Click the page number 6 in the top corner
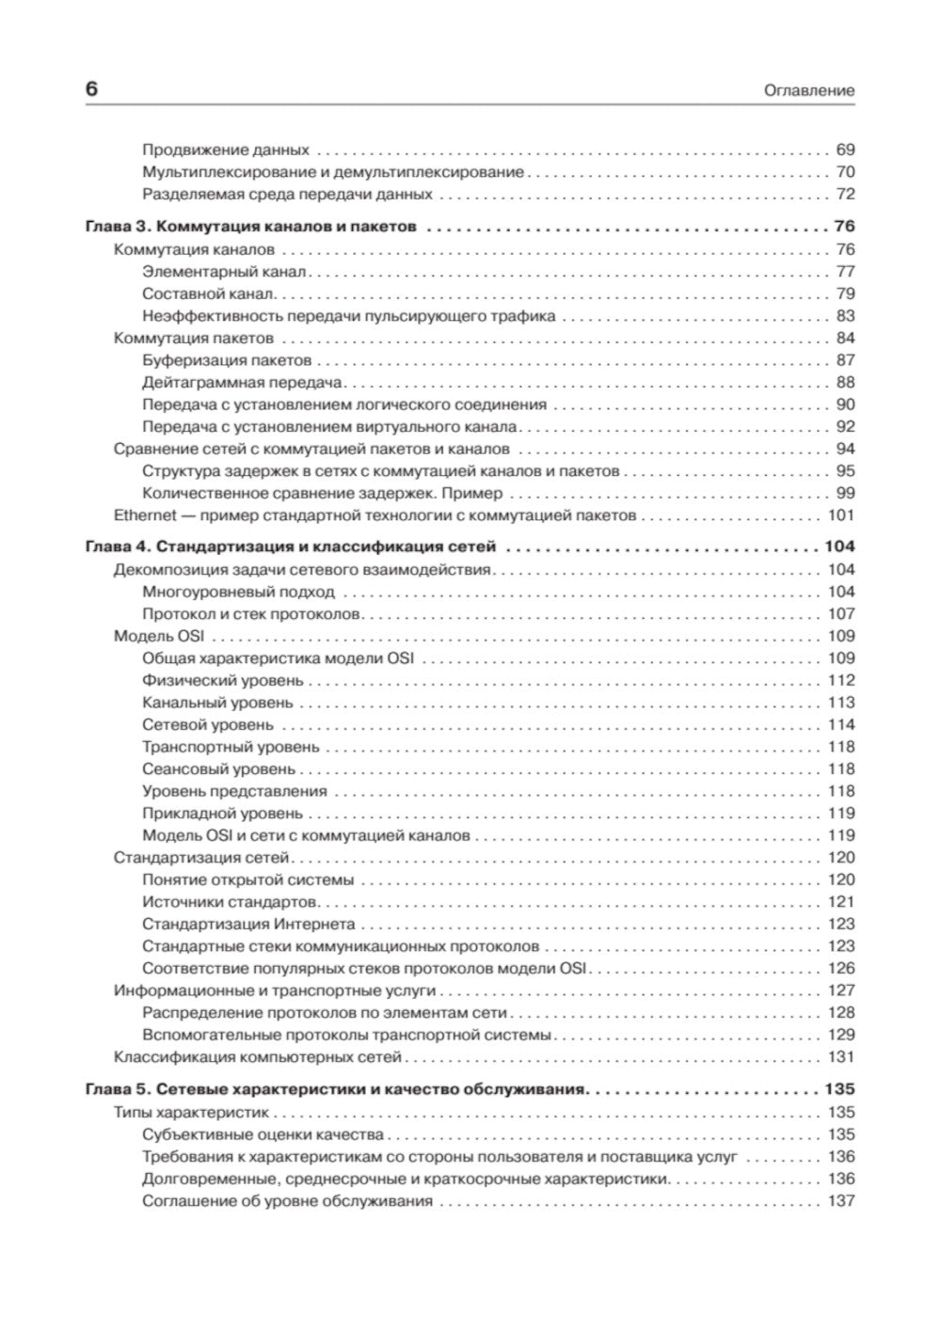pos(91,89)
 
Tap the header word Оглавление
pos(809,91)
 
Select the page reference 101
pos(840,515)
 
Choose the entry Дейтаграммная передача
pos(243,383)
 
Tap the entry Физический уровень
pos(223,680)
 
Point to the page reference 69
pos(845,150)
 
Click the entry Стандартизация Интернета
pos(248,924)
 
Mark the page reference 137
pos(840,1201)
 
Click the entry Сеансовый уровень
pos(218,769)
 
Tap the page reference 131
pos(840,1057)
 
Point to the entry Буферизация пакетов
pos(227,360)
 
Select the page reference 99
pos(845,493)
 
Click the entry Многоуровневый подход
pos(238,592)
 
